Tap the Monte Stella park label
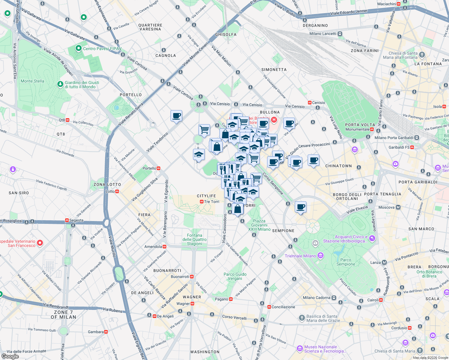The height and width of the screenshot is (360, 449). (32, 81)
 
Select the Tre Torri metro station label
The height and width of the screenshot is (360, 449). (211, 202)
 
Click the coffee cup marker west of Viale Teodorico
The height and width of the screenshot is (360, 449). (176, 115)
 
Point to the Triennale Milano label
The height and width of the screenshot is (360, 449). (300, 256)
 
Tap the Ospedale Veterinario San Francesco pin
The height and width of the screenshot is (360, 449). (40, 243)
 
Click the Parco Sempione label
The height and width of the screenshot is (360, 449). (345, 262)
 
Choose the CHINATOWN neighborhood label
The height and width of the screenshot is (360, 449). (338, 166)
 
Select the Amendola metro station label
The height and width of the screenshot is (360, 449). (153, 247)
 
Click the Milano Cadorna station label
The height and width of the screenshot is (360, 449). (316, 298)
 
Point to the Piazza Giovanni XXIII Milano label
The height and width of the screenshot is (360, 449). (259, 225)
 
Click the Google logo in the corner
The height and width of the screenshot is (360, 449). (10, 356)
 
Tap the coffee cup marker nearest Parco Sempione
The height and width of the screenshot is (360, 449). (300, 207)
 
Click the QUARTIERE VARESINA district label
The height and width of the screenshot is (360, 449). (150, 27)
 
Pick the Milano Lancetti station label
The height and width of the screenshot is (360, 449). (323, 34)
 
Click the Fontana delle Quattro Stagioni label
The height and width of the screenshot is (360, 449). (194, 239)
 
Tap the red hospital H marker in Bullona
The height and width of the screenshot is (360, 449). (274, 120)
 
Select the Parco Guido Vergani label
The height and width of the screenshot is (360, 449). (235, 276)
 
